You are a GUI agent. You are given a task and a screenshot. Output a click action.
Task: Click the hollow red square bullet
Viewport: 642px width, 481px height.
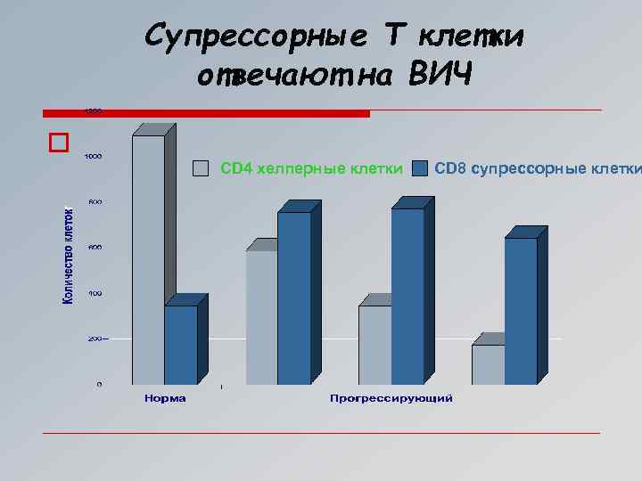(x=59, y=143)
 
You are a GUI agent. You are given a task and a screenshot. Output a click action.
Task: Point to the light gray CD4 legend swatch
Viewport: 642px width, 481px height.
(x=202, y=167)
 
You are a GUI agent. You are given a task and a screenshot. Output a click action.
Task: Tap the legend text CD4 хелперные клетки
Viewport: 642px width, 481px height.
(x=310, y=167)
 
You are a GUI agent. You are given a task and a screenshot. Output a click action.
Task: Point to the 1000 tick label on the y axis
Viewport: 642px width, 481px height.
(x=93, y=156)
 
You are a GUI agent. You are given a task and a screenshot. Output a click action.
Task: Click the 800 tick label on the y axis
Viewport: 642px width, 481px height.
(x=94, y=202)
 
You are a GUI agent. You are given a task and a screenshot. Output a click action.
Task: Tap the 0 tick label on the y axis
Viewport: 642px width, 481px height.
(x=99, y=384)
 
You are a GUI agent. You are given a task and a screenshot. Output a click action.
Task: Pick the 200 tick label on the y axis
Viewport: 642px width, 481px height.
(x=94, y=338)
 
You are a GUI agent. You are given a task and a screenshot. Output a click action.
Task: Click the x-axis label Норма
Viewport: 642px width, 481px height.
(x=165, y=398)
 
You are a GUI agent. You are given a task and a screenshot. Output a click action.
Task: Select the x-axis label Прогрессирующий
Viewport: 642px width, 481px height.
(x=391, y=398)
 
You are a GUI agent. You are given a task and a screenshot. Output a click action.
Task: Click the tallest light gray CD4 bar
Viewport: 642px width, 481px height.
(x=148, y=258)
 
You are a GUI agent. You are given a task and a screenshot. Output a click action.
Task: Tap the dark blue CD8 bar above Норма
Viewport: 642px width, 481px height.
(x=180, y=345)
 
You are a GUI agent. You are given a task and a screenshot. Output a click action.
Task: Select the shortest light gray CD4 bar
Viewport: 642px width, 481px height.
(x=488, y=364)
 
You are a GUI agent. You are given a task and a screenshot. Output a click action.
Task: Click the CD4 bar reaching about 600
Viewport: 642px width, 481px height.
(x=261, y=316)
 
